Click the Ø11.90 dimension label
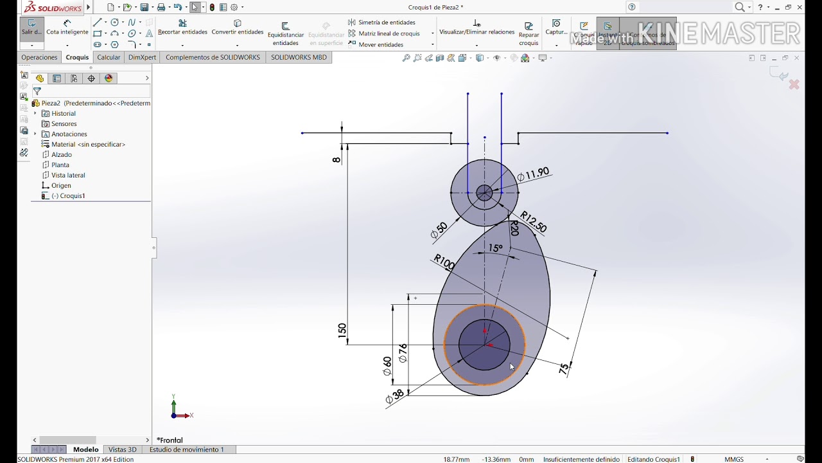tap(534, 174)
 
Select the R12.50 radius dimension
tap(533, 222)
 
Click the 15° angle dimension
tap(495, 248)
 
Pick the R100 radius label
tap(444, 262)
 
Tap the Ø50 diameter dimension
tap(439, 231)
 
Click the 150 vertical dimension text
tap(342, 331)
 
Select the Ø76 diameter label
tap(403, 353)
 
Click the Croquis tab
tap(77, 57)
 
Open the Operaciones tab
tap(39, 57)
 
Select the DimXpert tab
tap(142, 57)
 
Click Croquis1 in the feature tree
tap(72, 195)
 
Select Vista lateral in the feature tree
tap(68, 175)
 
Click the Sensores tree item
tap(64, 123)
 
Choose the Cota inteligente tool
tap(67, 28)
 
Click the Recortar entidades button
tap(182, 28)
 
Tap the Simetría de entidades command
tap(386, 23)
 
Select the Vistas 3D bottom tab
tap(122, 449)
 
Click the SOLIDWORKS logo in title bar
tap(53, 8)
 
